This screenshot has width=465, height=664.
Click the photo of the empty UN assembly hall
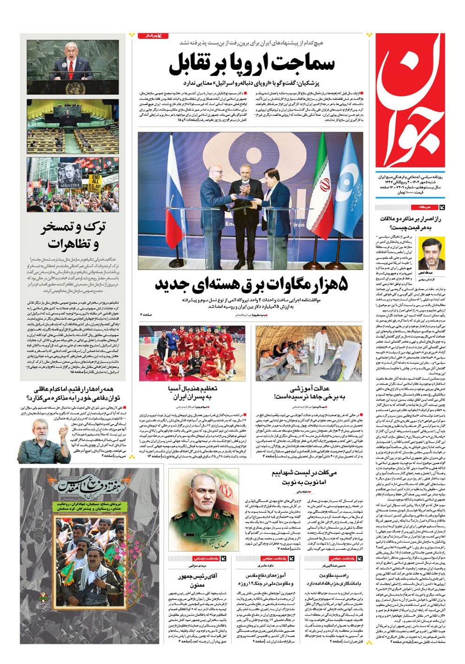point(73,126)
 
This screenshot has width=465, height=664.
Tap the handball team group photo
point(192,353)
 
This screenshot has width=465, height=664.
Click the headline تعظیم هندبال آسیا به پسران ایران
point(192,392)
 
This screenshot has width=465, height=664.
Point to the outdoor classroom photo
point(308,353)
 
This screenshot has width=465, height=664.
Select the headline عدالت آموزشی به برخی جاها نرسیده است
point(309,392)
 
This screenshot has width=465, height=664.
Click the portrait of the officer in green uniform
point(203,510)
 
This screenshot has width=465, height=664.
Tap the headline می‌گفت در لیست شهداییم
point(305,477)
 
